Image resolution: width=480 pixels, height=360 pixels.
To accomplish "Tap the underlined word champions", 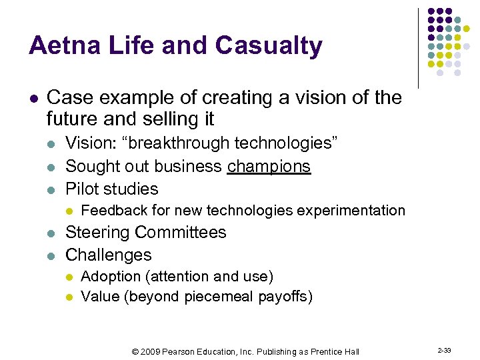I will tap(269, 166).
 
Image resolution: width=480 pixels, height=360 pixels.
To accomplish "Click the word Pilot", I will tap(83, 189).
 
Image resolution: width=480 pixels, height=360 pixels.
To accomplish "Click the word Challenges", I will tap(109, 255).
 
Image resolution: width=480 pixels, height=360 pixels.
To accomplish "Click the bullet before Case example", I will tap(33, 99).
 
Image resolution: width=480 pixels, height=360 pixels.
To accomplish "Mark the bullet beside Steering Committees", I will tap(52, 233).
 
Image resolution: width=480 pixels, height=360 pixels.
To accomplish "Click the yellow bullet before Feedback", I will tap(68, 211).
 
